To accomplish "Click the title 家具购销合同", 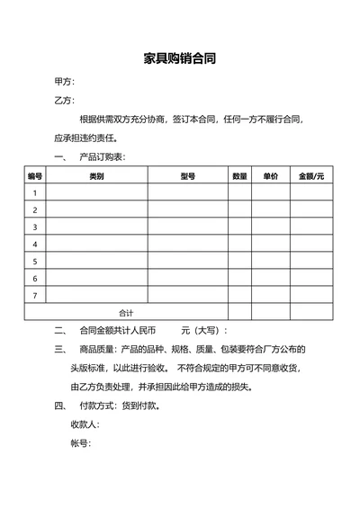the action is (x=179, y=59).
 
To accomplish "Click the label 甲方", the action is (x=65, y=83).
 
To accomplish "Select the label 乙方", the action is (x=65, y=101).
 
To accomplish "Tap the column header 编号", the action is (x=35, y=176).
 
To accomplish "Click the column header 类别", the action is (x=96, y=176).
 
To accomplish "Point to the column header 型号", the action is (x=187, y=176).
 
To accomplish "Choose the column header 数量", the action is (x=239, y=176).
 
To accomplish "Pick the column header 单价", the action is (x=270, y=176).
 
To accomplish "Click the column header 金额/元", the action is (x=311, y=176).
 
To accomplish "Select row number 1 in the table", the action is (x=35, y=193).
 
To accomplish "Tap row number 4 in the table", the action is (x=35, y=244).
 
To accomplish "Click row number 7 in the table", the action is (x=35, y=295).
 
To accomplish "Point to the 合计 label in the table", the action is (x=126, y=312).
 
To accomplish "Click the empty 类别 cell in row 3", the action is (x=96, y=227).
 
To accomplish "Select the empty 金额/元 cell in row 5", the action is (x=311, y=261).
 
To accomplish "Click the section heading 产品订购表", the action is (x=102, y=157).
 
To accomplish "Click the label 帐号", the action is (x=81, y=442).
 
